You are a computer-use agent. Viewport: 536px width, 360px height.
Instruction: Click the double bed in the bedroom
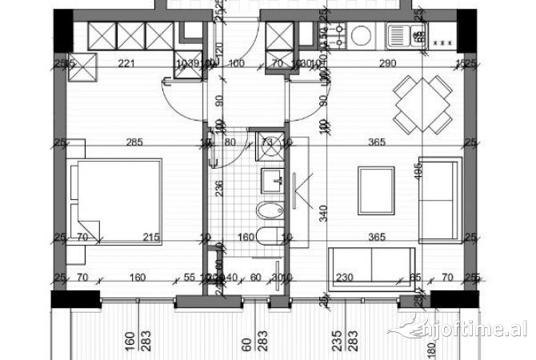[116, 199]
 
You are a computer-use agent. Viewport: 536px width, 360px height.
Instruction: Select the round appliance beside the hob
[362, 34]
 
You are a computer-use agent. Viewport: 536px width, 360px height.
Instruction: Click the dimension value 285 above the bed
[134, 144]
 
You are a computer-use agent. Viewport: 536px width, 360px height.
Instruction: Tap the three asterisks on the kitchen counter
[441, 42]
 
